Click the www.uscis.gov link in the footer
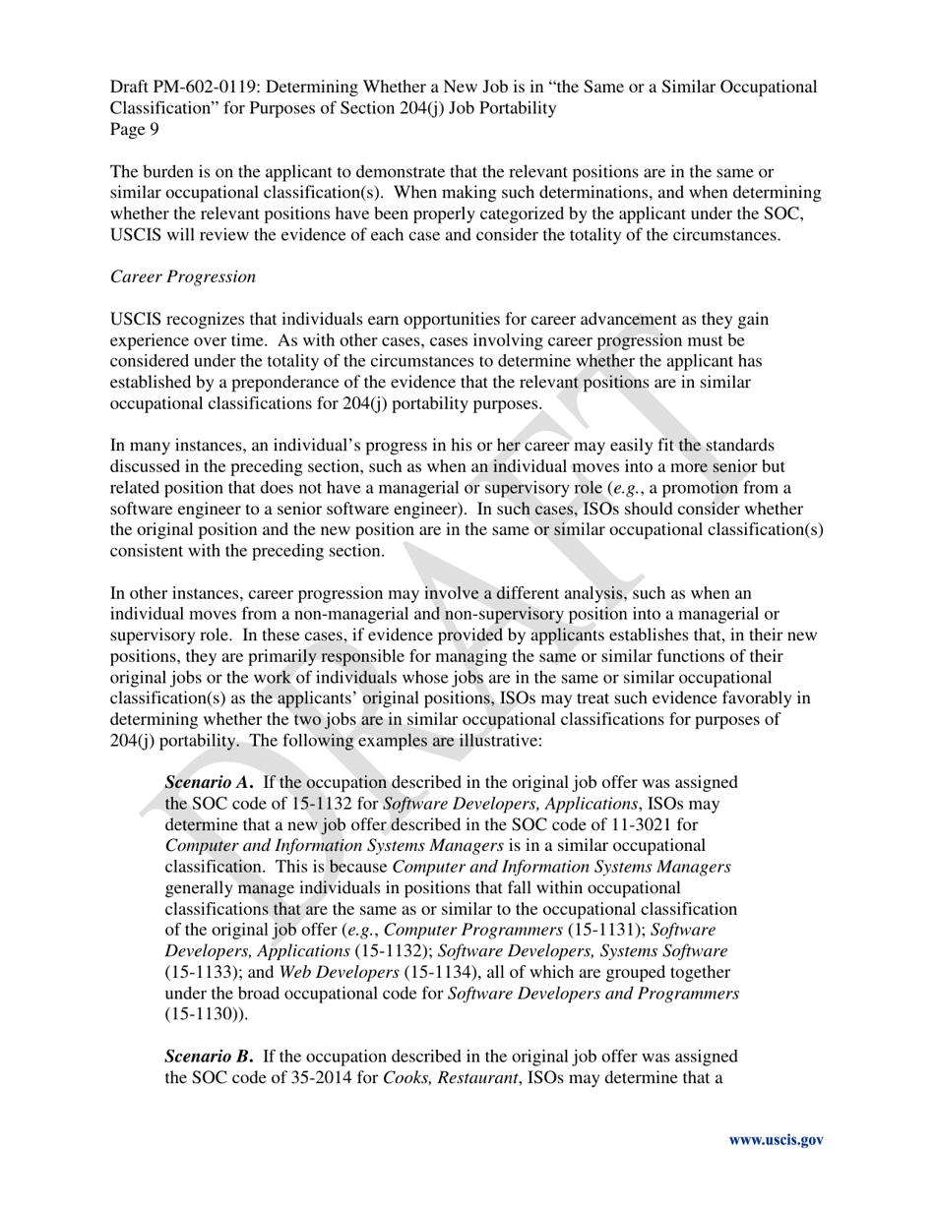[x=776, y=1140]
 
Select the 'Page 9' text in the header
[x=135, y=129]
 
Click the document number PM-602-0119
[x=204, y=87]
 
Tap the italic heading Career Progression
[x=183, y=276]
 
